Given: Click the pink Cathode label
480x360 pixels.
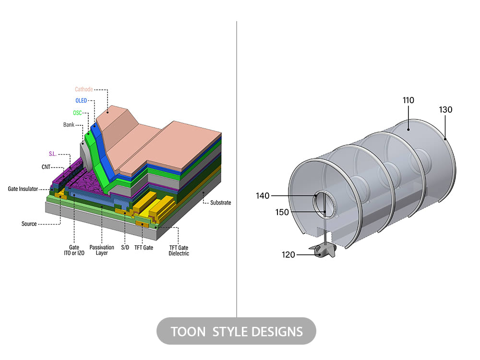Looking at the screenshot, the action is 84,89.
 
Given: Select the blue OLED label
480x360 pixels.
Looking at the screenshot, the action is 81,101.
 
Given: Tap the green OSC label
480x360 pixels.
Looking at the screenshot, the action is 77,113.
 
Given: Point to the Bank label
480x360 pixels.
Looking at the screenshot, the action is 69,125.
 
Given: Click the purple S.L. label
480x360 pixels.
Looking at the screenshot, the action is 53,154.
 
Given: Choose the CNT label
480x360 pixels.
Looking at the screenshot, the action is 46,167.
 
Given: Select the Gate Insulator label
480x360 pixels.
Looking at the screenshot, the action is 23,189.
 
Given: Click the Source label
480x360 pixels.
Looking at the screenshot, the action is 29,224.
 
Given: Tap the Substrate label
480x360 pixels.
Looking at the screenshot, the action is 220,203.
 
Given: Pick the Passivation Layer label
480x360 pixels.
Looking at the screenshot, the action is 102,250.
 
